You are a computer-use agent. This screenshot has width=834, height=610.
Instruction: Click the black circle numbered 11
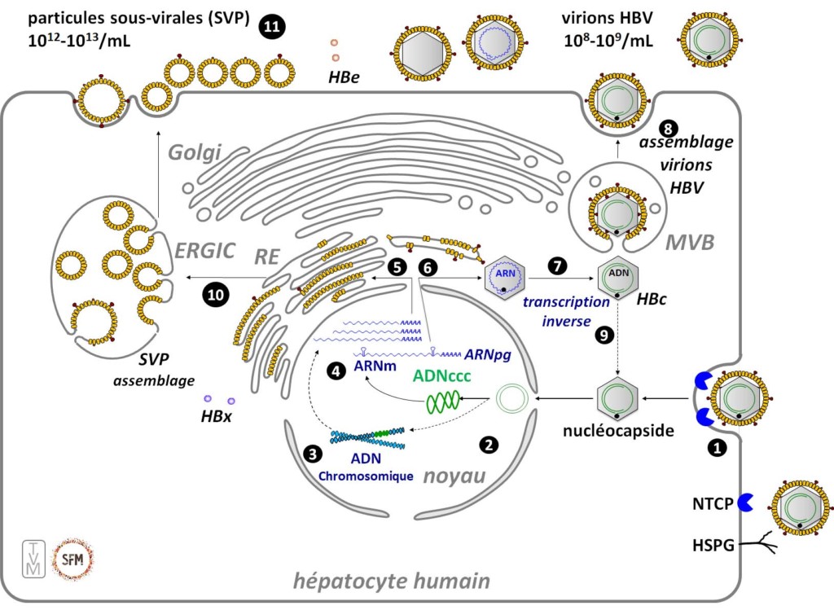point(271,27)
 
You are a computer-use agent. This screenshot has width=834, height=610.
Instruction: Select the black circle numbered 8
point(669,128)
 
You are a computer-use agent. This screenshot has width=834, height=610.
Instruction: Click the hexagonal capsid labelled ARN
point(504,279)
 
